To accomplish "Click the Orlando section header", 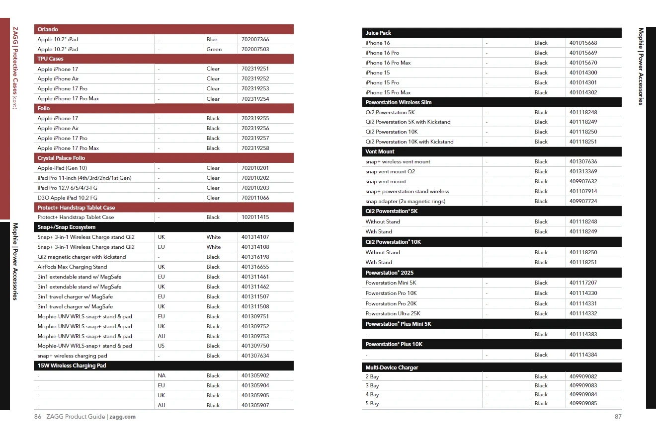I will click(48, 29).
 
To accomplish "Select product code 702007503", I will click(255, 49).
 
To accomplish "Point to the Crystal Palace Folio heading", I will click(61, 158).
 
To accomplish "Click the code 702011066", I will click(255, 198).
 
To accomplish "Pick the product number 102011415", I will click(255, 217).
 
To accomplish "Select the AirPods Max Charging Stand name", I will click(72, 267).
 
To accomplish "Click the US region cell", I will click(161, 346).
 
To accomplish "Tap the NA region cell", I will click(162, 375).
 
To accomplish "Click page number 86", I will click(38, 417).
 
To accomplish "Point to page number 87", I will click(618, 417).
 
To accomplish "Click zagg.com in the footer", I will click(122, 417).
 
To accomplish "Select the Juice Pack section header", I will click(378, 33).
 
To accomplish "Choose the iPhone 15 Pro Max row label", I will click(388, 92).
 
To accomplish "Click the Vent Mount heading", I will click(380, 151).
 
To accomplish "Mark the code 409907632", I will click(583, 181).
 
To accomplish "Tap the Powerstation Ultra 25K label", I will click(393, 313).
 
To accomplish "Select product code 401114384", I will click(583, 355).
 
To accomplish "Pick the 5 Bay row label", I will click(372, 403).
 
